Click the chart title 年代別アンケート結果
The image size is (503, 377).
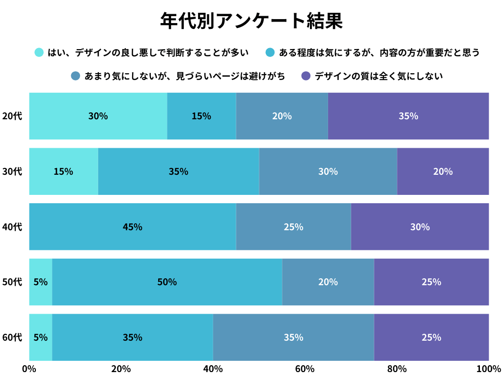point(251,21)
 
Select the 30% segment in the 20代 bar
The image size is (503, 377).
point(98,116)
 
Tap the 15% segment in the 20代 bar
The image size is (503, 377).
point(201,116)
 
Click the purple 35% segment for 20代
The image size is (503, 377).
point(408,116)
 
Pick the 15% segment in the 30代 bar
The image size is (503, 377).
point(63,171)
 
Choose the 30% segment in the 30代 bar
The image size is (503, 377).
point(328,171)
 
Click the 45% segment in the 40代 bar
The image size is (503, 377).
point(133,227)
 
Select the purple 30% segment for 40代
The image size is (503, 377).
point(420,227)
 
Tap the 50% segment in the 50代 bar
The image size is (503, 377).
point(167,282)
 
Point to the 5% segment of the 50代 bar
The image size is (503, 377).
point(41,282)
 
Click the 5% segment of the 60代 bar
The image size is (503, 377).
point(41,337)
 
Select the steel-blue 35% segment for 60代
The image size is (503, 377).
point(293,337)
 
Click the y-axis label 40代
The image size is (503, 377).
point(12,227)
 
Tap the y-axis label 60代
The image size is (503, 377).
point(12,337)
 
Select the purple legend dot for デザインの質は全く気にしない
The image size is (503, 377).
point(306,76)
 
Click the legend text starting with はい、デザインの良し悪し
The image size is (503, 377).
point(148,53)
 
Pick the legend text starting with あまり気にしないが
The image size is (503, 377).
point(185,76)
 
